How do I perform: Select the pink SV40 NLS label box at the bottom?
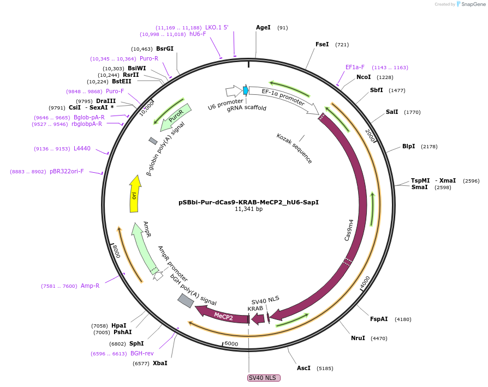(x=264, y=378)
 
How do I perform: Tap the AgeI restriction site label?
(x=263, y=27)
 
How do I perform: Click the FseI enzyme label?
(x=322, y=44)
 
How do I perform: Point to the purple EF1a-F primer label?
(x=355, y=68)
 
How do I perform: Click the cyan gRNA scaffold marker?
(x=246, y=90)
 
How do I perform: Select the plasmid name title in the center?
(x=248, y=202)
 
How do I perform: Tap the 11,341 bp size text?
(x=248, y=209)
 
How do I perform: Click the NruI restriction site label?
(x=358, y=338)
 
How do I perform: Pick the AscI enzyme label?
(x=303, y=368)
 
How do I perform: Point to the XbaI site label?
(x=160, y=363)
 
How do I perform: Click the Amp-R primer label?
(x=90, y=286)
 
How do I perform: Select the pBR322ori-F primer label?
(x=67, y=171)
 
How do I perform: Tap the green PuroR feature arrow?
(x=176, y=117)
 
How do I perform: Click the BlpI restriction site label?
(x=408, y=146)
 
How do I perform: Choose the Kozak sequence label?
(x=294, y=148)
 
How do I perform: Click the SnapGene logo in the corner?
(x=471, y=4)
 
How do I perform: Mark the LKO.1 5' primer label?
(x=217, y=27)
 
